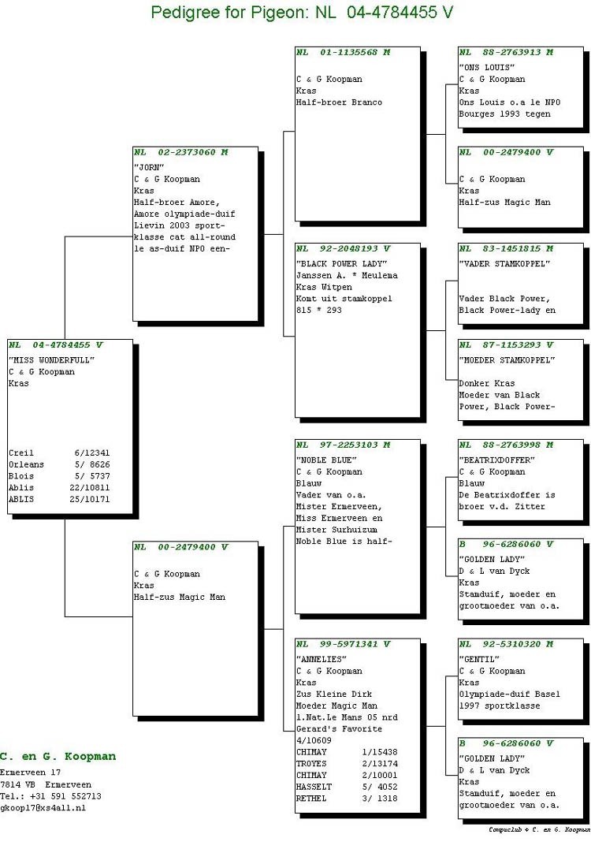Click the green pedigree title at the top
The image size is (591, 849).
click(x=302, y=12)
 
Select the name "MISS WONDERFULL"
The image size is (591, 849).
click(x=51, y=360)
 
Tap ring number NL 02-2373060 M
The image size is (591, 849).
click(x=180, y=152)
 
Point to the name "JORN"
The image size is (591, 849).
click(x=149, y=167)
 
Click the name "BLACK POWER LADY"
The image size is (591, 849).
click(x=342, y=264)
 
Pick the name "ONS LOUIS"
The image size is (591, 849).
click(x=486, y=67)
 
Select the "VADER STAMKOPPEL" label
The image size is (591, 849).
click(x=504, y=264)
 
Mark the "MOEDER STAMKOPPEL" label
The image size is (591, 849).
click(x=507, y=360)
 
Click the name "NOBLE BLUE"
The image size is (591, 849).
click(x=326, y=460)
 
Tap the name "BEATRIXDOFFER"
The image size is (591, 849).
click(x=496, y=460)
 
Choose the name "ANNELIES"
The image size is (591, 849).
click(x=322, y=660)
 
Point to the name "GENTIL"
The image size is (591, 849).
click(x=479, y=660)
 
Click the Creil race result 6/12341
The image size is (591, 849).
click(x=92, y=452)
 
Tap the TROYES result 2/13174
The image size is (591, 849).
click(x=380, y=763)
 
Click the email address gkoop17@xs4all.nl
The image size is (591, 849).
click(x=43, y=808)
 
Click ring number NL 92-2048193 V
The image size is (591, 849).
click(x=343, y=248)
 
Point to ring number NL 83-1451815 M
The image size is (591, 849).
click(x=507, y=248)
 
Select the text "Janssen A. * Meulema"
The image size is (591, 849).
click(x=347, y=275)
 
